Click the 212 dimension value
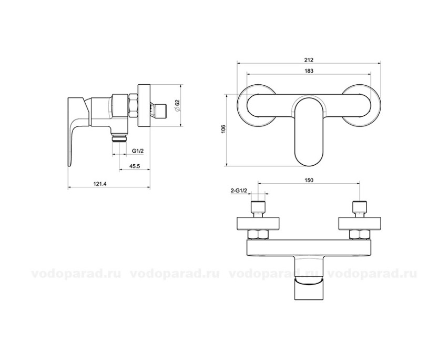coord(309,60)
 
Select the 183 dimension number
coord(309,71)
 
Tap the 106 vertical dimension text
coord(223,129)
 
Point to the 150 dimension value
coord(309,180)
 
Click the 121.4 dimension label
coord(100,184)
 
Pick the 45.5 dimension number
coord(134,166)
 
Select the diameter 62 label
coord(177,105)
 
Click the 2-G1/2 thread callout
coord(239,191)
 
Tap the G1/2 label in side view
coord(138,151)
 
